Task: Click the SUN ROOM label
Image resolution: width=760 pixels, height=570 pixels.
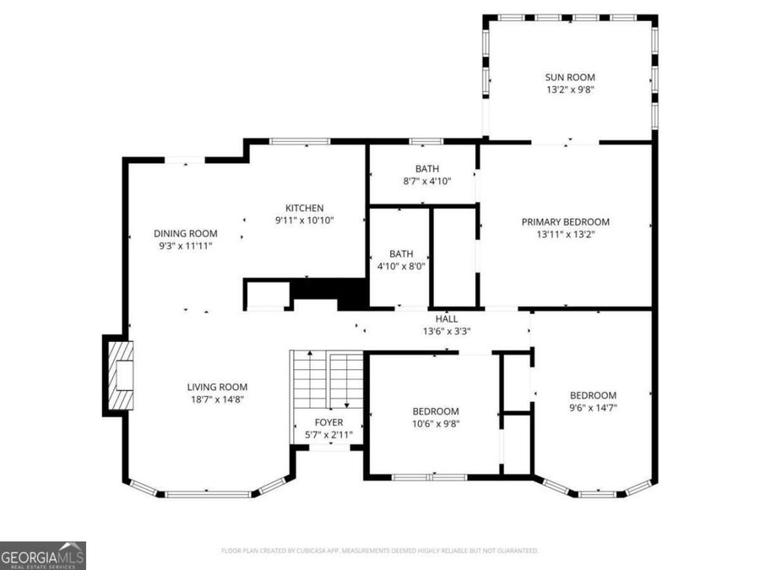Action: tap(570, 77)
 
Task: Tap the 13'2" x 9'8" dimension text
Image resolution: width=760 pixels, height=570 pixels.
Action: tap(570, 90)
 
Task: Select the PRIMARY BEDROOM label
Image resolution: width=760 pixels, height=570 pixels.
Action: tap(565, 222)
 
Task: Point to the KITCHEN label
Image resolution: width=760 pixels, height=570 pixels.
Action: tap(304, 208)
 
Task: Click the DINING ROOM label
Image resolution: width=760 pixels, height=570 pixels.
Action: tap(186, 234)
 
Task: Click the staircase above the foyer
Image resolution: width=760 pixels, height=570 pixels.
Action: tap(327, 380)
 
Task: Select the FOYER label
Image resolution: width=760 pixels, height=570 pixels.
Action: tap(328, 422)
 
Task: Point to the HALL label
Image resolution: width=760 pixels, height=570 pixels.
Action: tap(447, 319)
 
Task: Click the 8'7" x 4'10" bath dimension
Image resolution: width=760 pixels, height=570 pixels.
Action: tap(426, 181)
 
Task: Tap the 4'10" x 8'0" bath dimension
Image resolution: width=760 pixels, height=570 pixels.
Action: tap(401, 266)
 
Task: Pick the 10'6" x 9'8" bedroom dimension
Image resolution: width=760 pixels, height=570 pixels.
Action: tap(435, 424)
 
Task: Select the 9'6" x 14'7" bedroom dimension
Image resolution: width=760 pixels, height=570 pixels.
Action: tap(593, 408)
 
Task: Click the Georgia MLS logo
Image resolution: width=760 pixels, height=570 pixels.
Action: tap(43, 556)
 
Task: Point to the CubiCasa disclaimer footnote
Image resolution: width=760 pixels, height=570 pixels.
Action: tap(379, 551)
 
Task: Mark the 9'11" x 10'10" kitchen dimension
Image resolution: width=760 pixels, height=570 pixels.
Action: tap(304, 220)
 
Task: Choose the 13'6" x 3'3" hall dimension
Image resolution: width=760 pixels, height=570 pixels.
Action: tap(447, 331)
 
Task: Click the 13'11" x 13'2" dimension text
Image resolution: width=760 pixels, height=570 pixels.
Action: tap(565, 235)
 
